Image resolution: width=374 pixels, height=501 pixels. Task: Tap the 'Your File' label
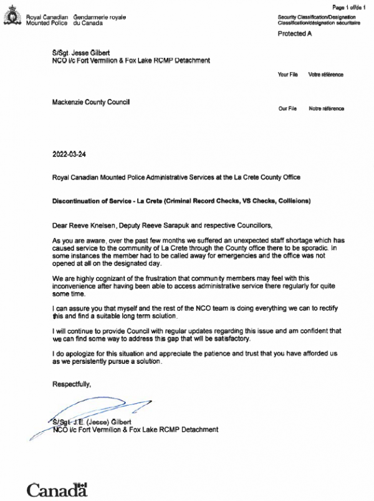[x=287, y=75]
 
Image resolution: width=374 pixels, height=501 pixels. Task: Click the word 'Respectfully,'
[x=71, y=385]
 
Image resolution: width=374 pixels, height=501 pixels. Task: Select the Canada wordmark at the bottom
[x=56, y=489]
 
